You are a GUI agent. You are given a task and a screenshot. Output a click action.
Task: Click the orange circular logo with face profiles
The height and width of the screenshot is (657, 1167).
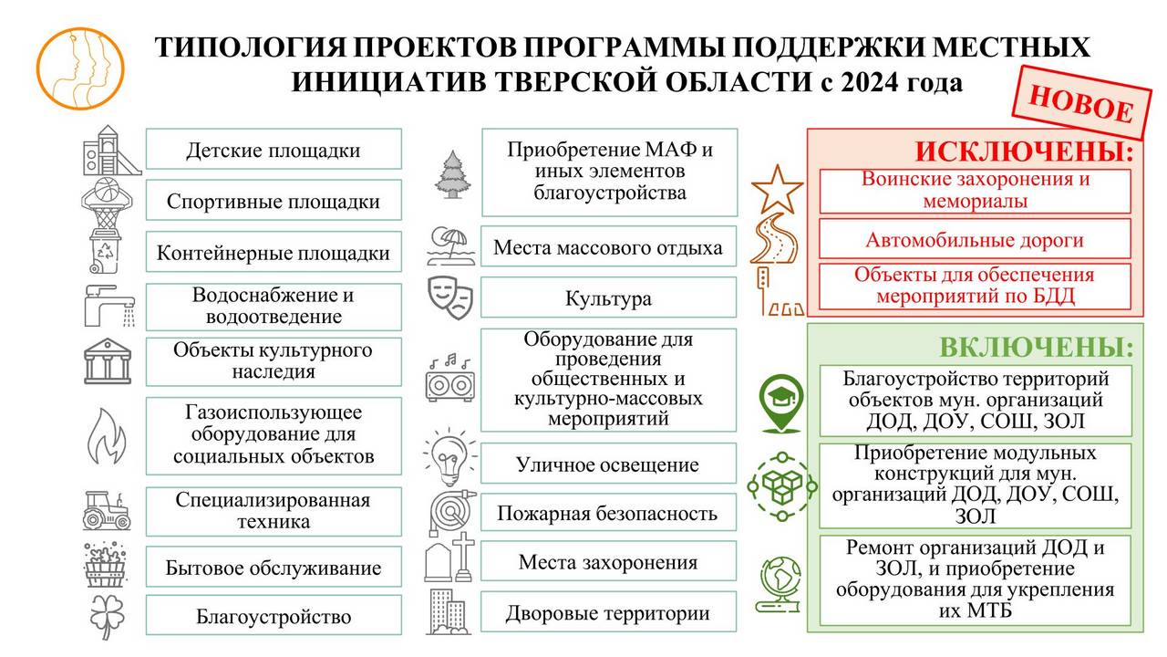[x=80, y=68]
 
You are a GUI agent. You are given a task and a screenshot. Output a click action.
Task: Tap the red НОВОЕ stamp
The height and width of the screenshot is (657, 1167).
[x=1081, y=103]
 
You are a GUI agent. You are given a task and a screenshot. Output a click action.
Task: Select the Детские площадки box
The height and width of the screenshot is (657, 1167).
[x=274, y=149]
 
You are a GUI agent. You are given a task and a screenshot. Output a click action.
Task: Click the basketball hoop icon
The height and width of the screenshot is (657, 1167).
[x=107, y=203]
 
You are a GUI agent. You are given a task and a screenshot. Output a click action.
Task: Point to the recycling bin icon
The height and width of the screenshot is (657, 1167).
[x=105, y=251]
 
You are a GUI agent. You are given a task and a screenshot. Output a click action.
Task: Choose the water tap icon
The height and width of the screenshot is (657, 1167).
[x=109, y=305]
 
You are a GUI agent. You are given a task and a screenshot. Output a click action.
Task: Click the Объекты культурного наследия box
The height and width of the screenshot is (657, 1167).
[x=274, y=361]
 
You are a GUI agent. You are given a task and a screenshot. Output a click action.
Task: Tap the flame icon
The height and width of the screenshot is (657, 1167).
[x=107, y=436]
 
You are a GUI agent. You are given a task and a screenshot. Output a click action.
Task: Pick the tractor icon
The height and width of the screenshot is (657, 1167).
[x=107, y=510]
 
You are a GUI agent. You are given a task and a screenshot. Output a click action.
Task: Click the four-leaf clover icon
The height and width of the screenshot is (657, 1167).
[x=107, y=616]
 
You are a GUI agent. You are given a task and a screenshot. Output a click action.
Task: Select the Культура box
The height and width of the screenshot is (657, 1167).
[x=608, y=297]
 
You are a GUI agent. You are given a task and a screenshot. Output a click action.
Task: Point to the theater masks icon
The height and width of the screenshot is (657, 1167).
[x=450, y=297]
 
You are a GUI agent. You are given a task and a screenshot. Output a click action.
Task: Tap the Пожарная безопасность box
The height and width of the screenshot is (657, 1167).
[x=608, y=514]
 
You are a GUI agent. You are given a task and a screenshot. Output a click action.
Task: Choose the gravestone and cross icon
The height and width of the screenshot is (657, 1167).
[x=450, y=558]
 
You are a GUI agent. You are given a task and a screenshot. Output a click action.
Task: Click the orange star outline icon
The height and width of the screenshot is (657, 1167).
[x=777, y=189]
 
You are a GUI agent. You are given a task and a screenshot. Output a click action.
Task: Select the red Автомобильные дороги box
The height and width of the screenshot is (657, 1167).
[x=975, y=239]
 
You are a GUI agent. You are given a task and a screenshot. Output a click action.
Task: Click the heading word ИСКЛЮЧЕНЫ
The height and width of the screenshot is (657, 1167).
[x=1024, y=151]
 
